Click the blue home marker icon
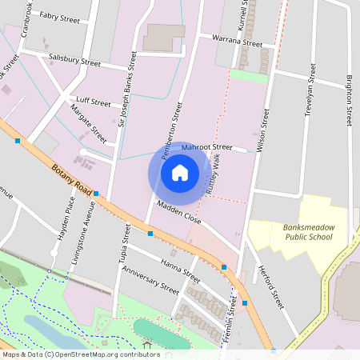tap(180, 172)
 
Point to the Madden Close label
tap(178, 212)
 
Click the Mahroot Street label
tap(206, 147)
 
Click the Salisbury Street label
tap(74, 61)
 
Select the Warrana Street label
tap(237, 40)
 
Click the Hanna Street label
tap(179, 270)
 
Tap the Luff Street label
tap(94, 103)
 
